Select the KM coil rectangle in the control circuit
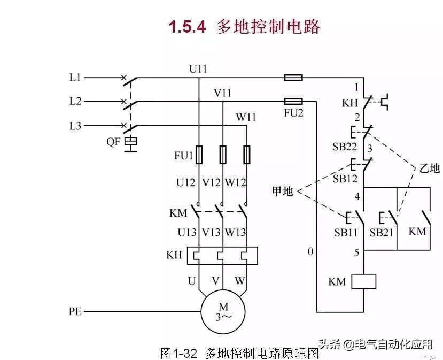click(x=364, y=281)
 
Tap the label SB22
click(x=345, y=147)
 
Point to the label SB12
click(x=345, y=179)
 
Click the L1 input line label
click(x=75, y=78)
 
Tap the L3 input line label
click(x=75, y=126)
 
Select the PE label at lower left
click(x=75, y=311)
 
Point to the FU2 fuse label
click(x=293, y=113)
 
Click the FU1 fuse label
click(x=183, y=156)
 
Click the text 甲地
click(x=282, y=191)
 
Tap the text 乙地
click(x=429, y=168)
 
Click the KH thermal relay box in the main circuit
click(x=222, y=256)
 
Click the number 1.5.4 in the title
click(x=187, y=27)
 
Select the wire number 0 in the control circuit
click(x=310, y=251)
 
